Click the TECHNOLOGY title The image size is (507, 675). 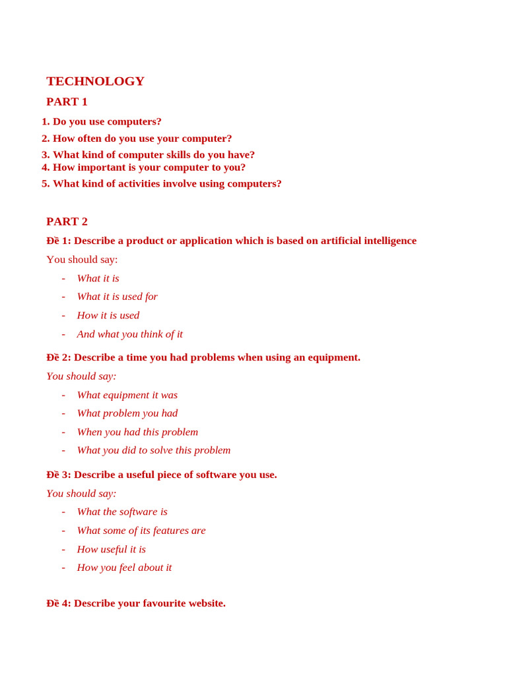point(95,81)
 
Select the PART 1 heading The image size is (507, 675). point(67,102)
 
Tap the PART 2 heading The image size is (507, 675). point(67,221)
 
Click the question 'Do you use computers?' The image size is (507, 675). point(107,121)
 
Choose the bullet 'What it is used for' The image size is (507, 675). point(117,297)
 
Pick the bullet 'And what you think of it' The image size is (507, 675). point(129,334)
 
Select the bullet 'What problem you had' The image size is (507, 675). point(127,413)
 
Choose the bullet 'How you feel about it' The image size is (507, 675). point(124,568)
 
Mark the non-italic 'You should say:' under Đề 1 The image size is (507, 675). point(82,260)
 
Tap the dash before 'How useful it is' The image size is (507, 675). point(63,549)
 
